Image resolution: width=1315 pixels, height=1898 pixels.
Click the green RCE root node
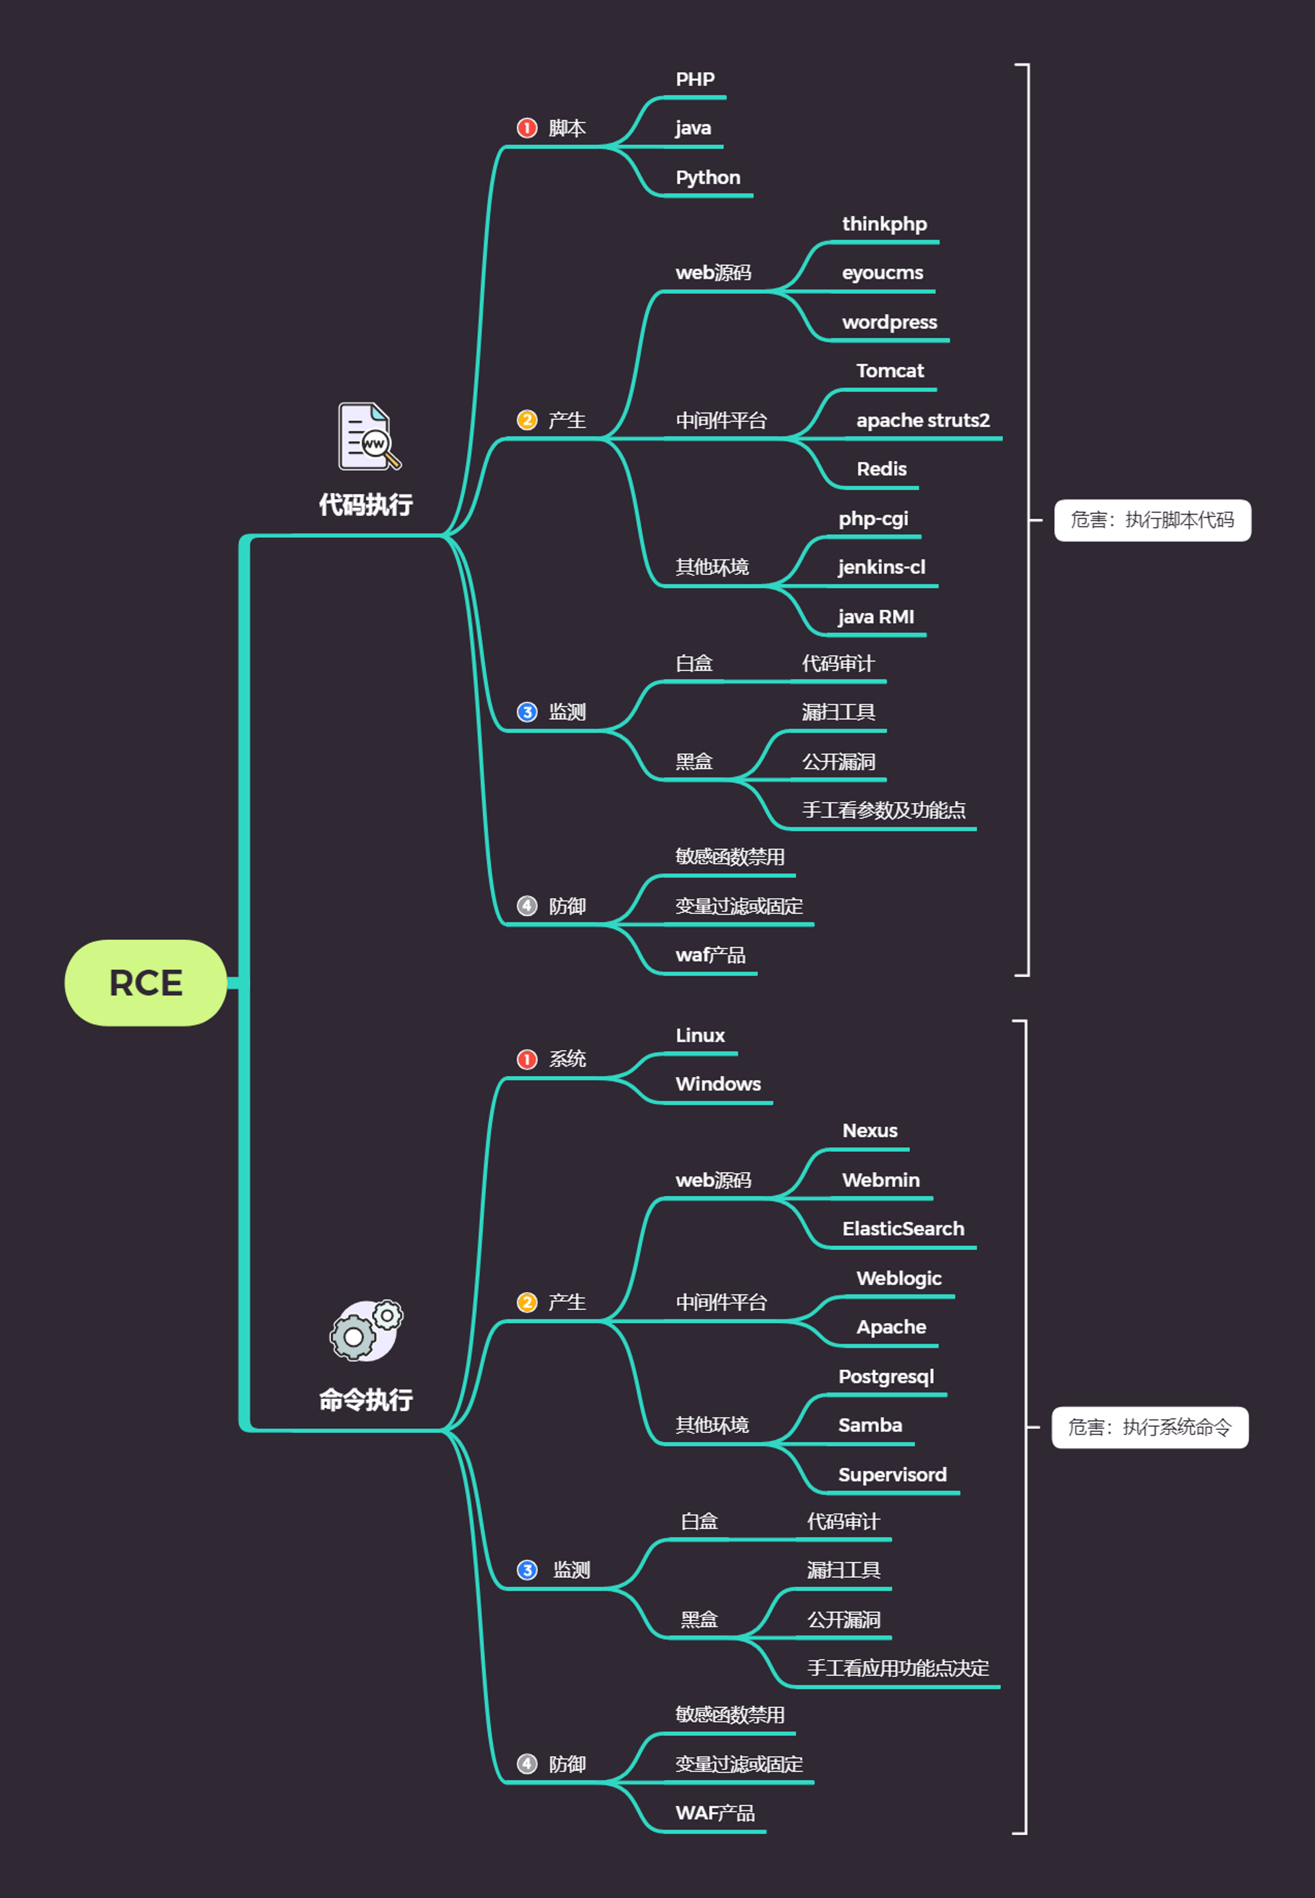click(x=146, y=983)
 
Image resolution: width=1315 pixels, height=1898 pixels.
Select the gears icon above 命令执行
click(x=366, y=1330)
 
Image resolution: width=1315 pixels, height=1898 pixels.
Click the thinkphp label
click(x=884, y=224)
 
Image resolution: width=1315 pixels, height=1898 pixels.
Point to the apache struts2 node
click(x=923, y=420)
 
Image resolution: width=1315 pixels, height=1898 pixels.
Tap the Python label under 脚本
click(x=708, y=178)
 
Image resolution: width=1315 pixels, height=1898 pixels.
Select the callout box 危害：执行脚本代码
click(x=1152, y=520)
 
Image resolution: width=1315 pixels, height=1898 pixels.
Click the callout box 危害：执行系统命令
click(x=1150, y=1427)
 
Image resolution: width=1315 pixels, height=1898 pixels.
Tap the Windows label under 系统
click(x=717, y=1084)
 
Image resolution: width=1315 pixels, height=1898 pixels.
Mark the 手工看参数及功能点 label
click(x=883, y=810)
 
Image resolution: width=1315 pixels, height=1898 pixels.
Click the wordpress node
click(x=889, y=322)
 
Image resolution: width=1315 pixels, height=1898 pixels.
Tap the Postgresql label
click(x=886, y=1376)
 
